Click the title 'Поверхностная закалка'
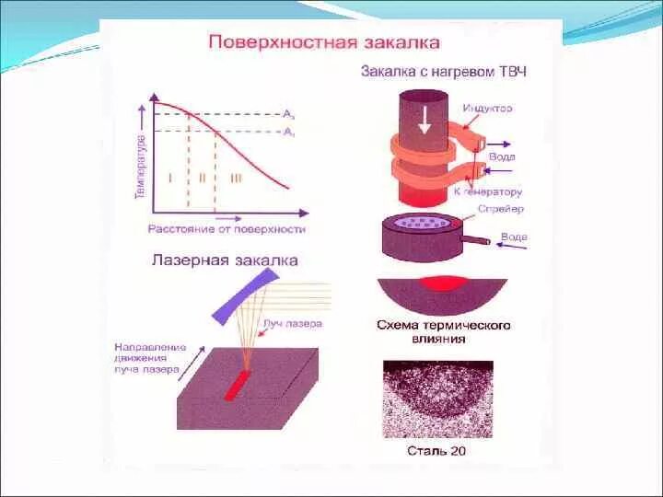pyautogui.click(x=323, y=41)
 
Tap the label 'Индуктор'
pyautogui.click(x=488, y=109)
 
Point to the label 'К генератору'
pyautogui.click(x=488, y=192)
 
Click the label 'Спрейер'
pyautogui.click(x=501, y=209)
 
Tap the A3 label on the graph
pyautogui.click(x=288, y=114)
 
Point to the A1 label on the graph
pyautogui.click(x=288, y=133)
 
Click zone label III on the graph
pyautogui.click(x=237, y=177)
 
